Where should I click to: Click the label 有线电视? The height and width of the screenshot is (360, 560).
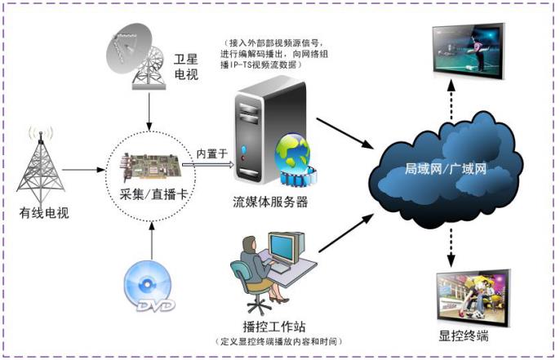[x=44, y=215]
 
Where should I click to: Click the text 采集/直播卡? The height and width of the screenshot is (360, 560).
[x=150, y=193]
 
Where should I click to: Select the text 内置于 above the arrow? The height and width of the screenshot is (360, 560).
[x=210, y=153]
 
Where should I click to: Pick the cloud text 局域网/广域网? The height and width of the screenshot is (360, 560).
[x=445, y=170]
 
